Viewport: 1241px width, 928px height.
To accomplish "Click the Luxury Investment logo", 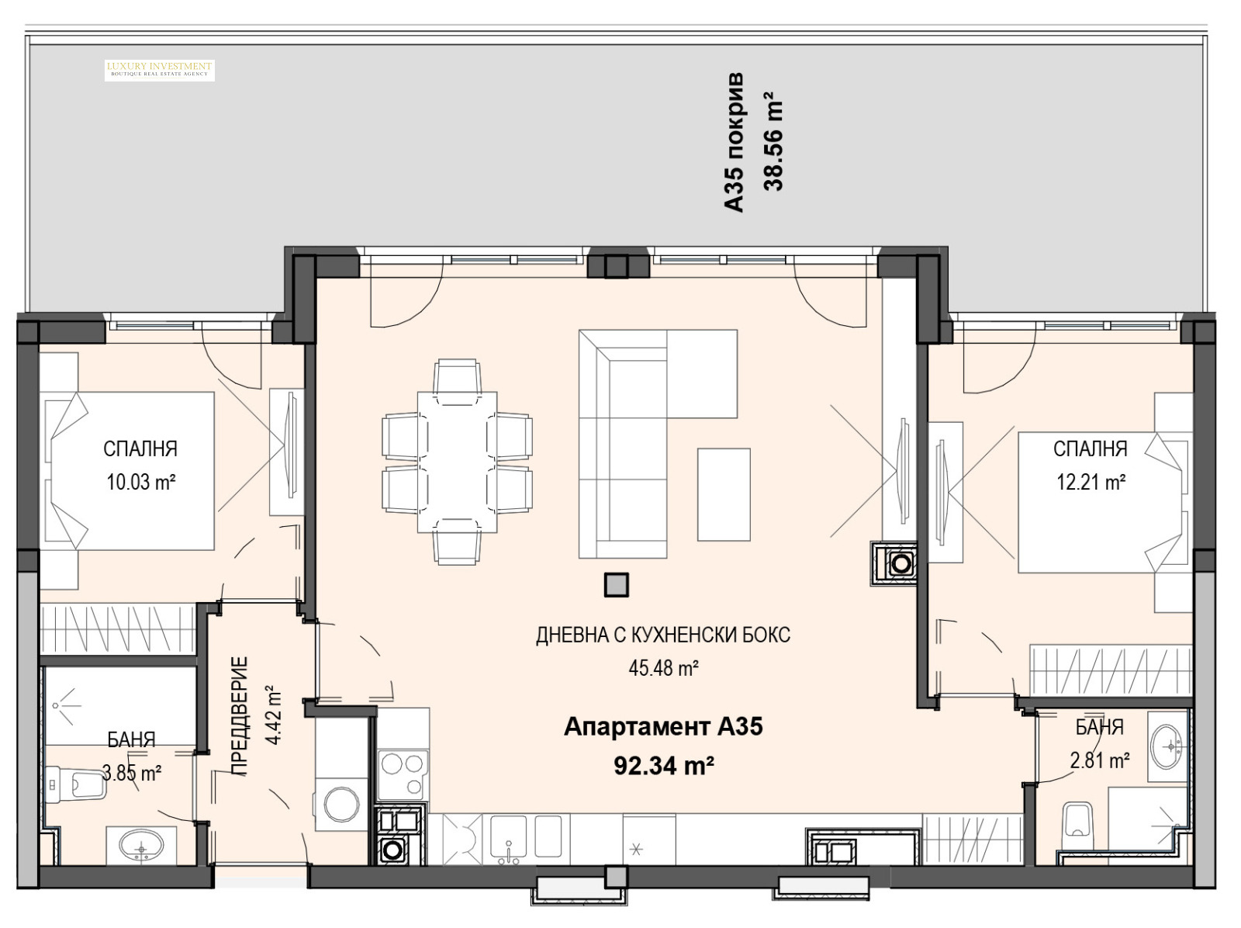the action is click(x=160, y=70).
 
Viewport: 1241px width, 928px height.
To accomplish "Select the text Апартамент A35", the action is click(x=663, y=727).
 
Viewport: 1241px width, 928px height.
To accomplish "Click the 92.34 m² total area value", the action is click(x=664, y=767).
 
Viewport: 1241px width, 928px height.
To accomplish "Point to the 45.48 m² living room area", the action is click(x=664, y=668).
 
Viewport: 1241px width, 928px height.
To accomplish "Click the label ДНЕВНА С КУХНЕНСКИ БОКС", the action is click(x=663, y=635).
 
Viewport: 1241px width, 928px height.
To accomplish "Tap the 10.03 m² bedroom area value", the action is click(x=141, y=482).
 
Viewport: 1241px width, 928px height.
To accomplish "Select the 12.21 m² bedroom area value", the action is click(x=1091, y=482).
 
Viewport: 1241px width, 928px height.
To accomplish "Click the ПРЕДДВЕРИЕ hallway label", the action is click(x=240, y=715).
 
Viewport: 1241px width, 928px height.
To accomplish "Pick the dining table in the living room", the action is click(x=458, y=462).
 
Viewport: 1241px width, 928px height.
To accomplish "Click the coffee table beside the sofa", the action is click(x=724, y=495).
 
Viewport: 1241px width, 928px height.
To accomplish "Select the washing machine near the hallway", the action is click(x=337, y=804).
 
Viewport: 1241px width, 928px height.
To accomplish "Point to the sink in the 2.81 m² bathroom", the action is click(x=1168, y=747).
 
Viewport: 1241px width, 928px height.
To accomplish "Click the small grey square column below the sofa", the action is click(x=617, y=585).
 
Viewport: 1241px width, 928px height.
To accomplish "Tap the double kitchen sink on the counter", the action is click(x=525, y=840).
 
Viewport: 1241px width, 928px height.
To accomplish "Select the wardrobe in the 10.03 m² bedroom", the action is click(x=118, y=628).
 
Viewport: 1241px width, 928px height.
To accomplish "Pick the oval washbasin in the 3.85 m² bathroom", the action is click(x=141, y=846).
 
